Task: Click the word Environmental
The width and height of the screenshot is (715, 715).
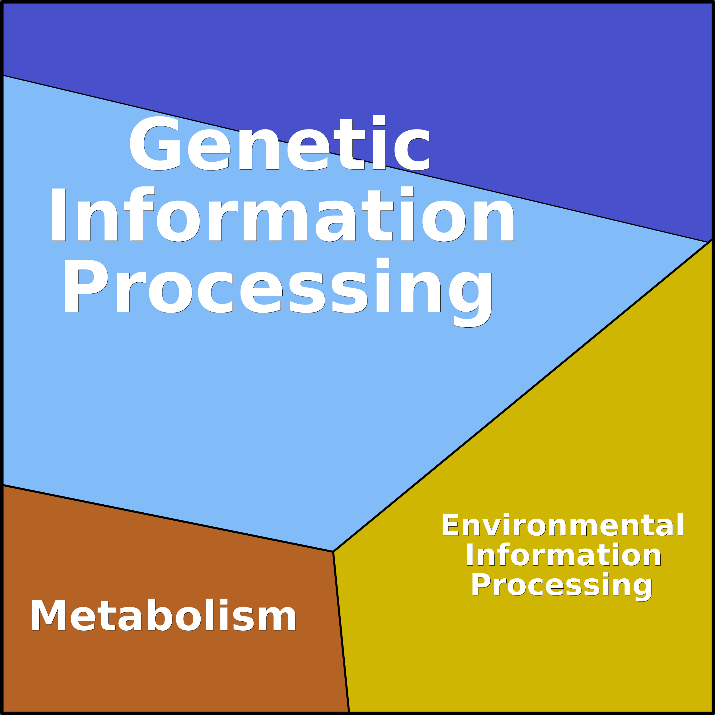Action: [x=562, y=525]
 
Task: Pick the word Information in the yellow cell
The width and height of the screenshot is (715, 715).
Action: [x=563, y=554]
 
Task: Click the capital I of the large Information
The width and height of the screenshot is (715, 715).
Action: [x=58, y=215]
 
